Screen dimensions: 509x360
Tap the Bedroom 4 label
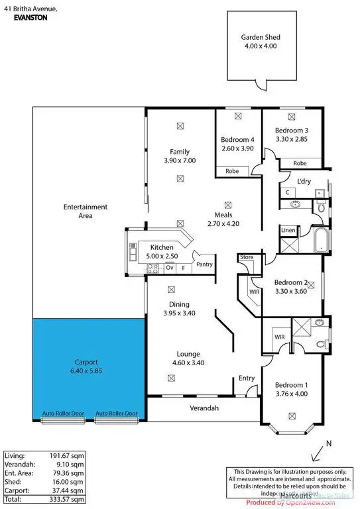pyautogui.click(x=237, y=140)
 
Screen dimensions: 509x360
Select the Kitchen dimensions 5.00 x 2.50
pyautogui.click(x=161, y=256)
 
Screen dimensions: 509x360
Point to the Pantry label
pyautogui.click(x=204, y=264)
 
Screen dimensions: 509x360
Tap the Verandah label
pyautogui.click(x=205, y=408)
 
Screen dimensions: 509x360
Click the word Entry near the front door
pyautogui.click(x=247, y=378)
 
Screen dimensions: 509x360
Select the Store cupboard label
pyautogui.click(x=247, y=256)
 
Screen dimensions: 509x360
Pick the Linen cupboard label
pyautogui.click(x=288, y=231)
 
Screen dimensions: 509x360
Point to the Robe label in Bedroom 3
pyautogui.click(x=300, y=163)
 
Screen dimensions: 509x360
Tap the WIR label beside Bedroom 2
pyautogui.click(x=254, y=291)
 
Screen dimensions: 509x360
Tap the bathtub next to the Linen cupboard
pyautogui.click(x=320, y=241)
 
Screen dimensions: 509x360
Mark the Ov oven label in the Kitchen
pyautogui.click(x=170, y=268)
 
